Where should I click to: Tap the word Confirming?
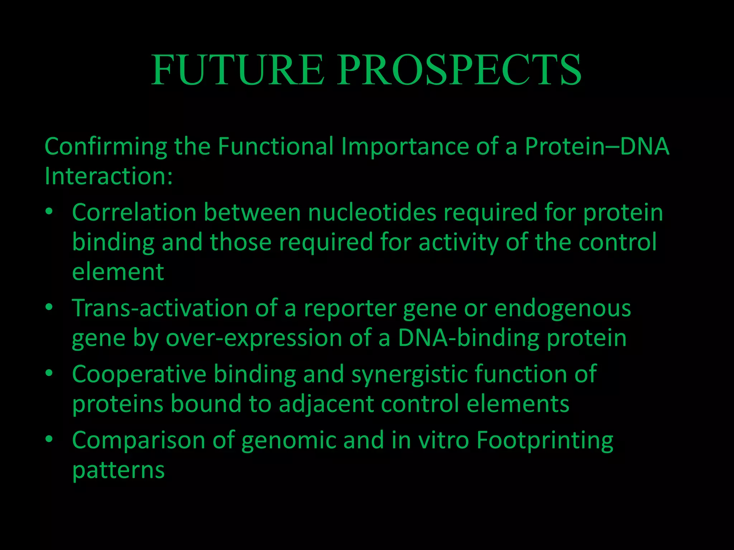click(x=106, y=147)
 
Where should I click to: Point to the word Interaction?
click(x=109, y=176)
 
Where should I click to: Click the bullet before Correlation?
click(x=49, y=212)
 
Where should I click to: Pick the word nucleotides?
click(x=372, y=212)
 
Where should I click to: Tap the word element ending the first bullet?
click(x=118, y=272)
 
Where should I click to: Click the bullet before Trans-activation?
click(x=49, y=307)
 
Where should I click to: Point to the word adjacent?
click(x=326, y=404)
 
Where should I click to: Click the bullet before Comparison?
click(x=49, y=439)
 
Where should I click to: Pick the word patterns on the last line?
click(x=118, y=470)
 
